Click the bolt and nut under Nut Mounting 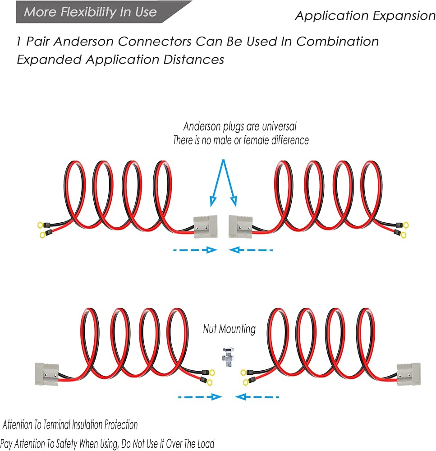(228, 358)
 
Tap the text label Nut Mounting (229, 329)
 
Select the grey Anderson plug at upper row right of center (240, 227)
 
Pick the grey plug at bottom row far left (46, 374)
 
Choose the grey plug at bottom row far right (408, 374)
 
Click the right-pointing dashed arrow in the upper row (195, 250)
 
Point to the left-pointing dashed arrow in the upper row (251, 250)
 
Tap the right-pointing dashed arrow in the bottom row (200, 397)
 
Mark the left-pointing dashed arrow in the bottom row (257, 397)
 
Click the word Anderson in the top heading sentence (84, 41)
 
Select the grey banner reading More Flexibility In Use (104, 12)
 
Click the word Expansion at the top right (404, 16)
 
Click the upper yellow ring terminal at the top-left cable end (40, 225)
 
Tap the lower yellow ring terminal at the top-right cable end (403, 235)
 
